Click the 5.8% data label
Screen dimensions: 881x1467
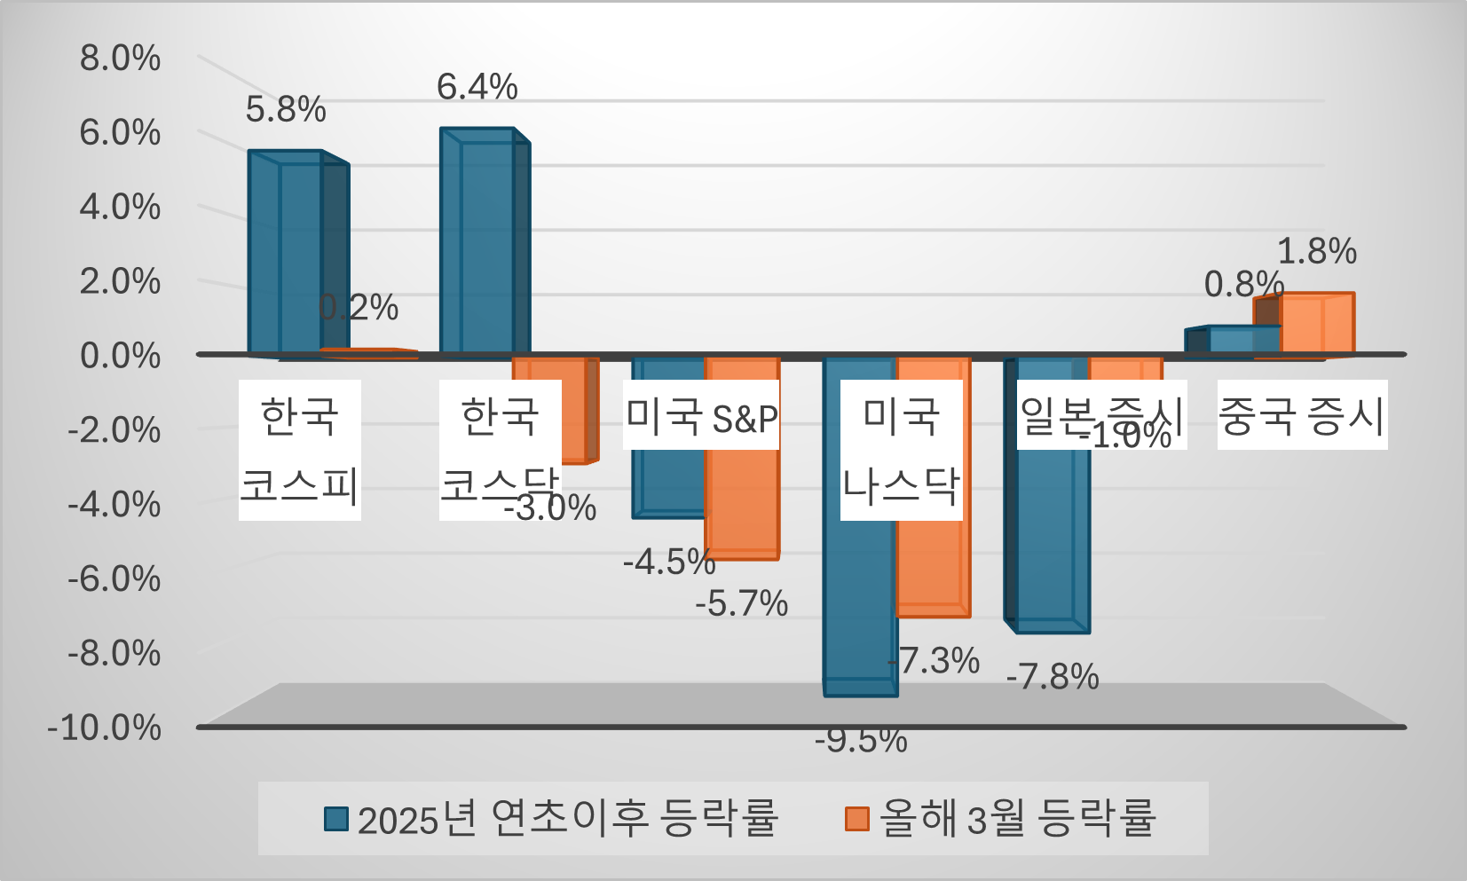click(x=286, y=110)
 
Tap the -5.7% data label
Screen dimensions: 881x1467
click(x=742, y=604)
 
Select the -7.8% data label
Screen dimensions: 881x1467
click(x=1053, y=678)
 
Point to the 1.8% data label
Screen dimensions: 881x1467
click(x=1317, y=252)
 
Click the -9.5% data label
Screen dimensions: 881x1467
click(x=861, y=740)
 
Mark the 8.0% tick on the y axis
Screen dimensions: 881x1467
click(x=121, y=59)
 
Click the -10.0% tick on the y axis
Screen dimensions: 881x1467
click(x=105, y=728)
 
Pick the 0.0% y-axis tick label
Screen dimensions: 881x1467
click(x=121, y=356)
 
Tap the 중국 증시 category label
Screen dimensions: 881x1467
click(x=1302, y=415)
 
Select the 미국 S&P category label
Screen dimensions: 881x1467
click(x=701, y=415)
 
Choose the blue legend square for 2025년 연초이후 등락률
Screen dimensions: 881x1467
click(x=336, y=818)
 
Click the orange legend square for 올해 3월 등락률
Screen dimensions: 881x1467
click(x=856, y=818)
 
